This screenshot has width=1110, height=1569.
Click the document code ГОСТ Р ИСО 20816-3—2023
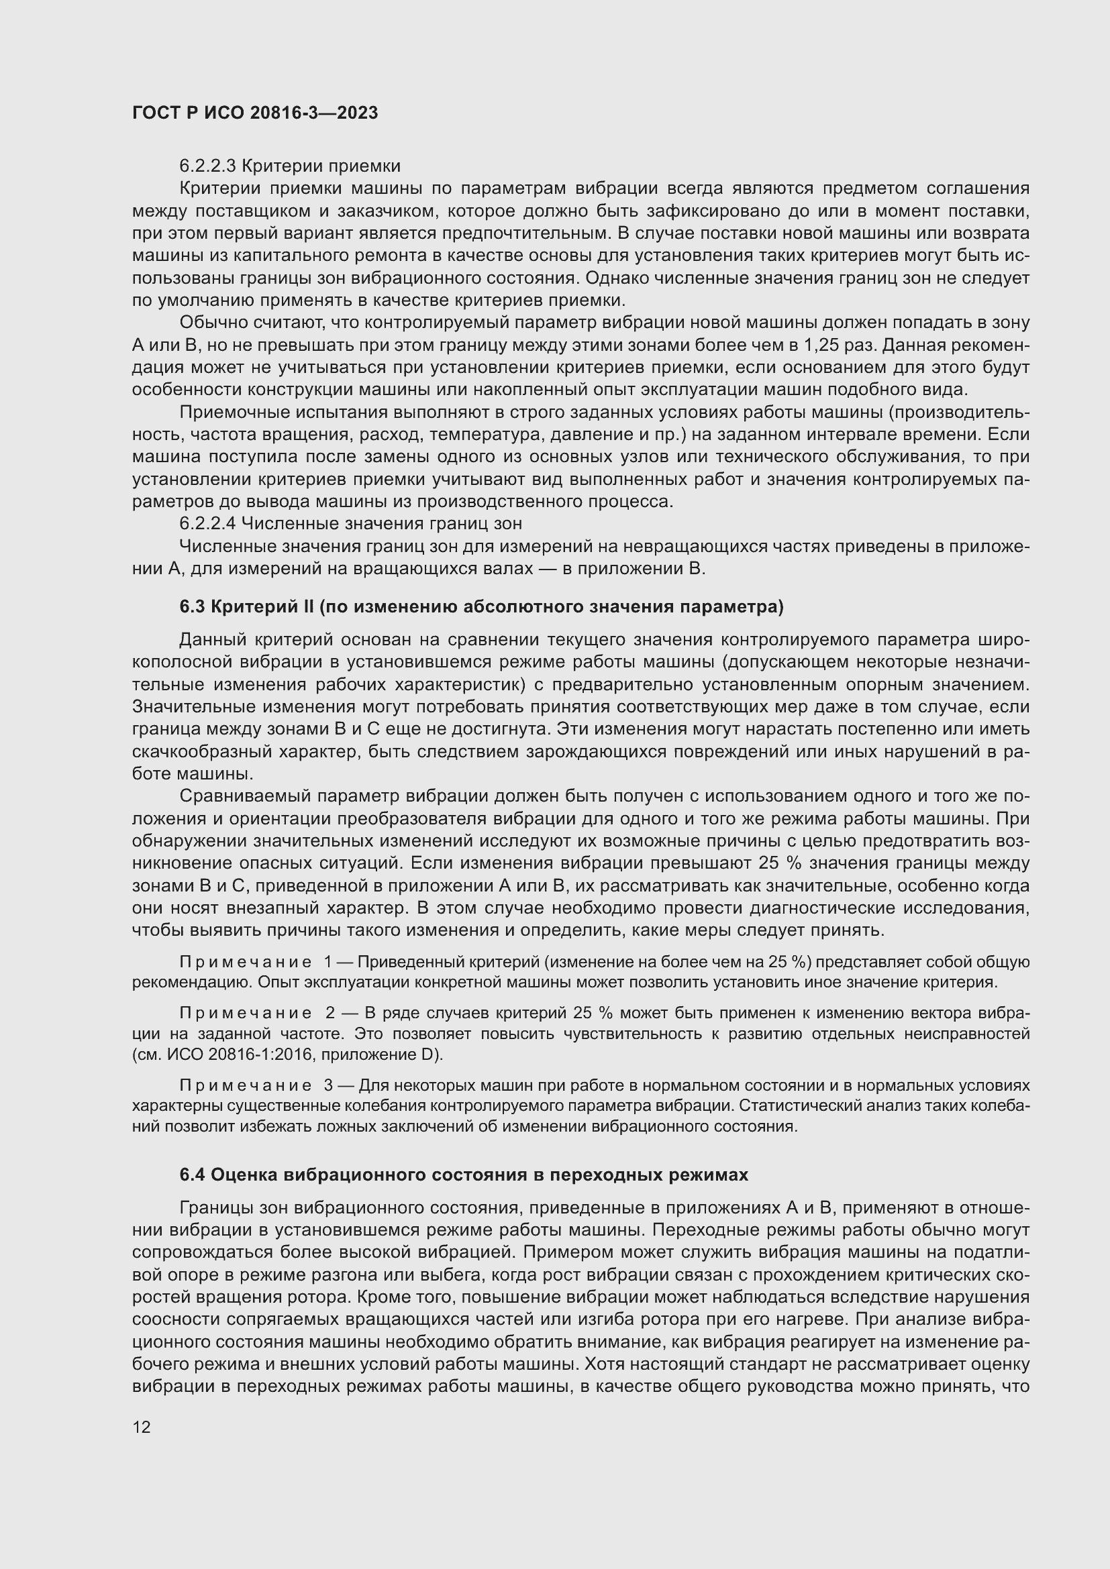(x=255, y=113)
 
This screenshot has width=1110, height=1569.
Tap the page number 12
(x=142, y=1427)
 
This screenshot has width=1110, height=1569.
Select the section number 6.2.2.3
(x=207, y=166)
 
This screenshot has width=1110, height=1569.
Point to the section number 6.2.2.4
(x=207, y=524)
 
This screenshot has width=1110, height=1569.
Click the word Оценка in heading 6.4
(x=244, y=1175)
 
